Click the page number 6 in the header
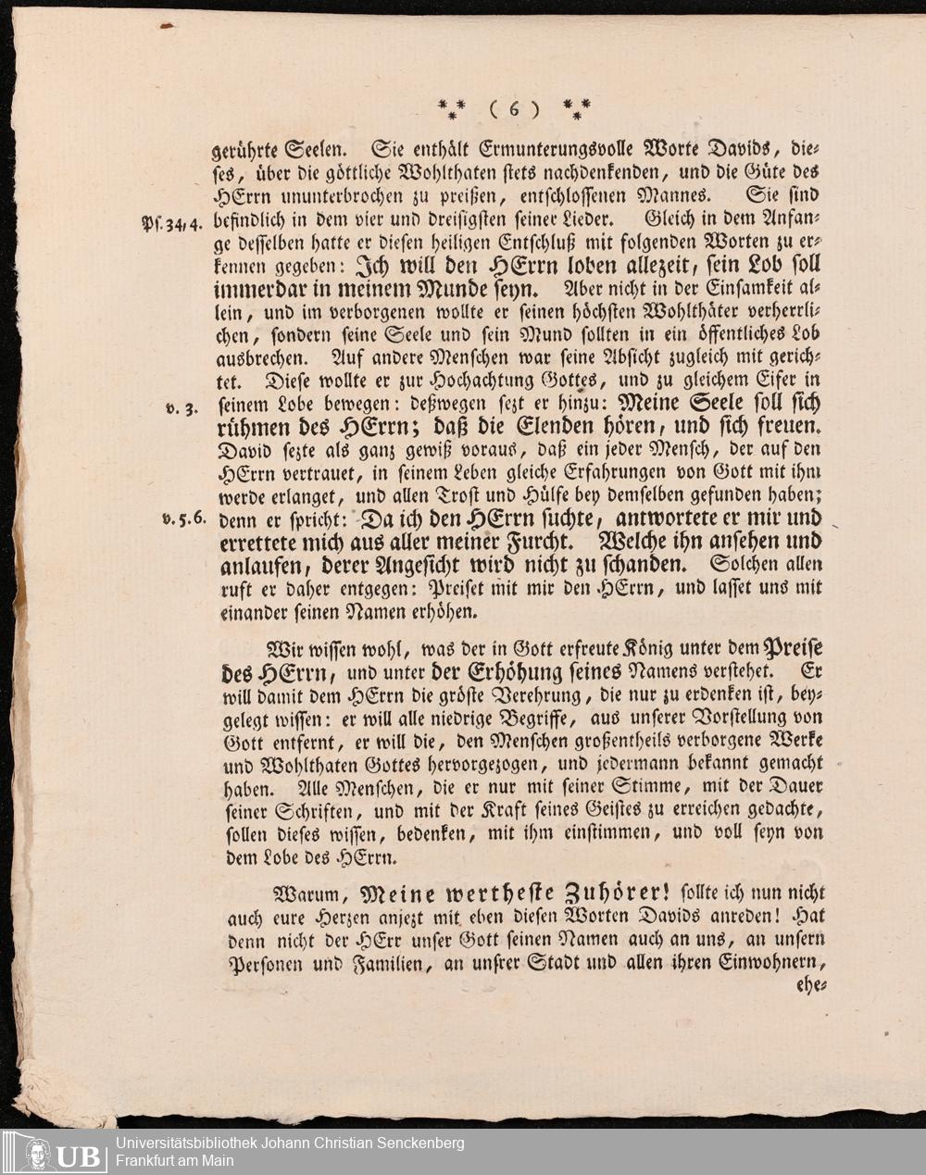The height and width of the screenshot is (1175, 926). pos(511,109)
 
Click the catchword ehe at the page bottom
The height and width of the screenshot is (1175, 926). pos(809,987)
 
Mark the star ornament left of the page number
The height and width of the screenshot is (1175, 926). pos(452,109)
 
